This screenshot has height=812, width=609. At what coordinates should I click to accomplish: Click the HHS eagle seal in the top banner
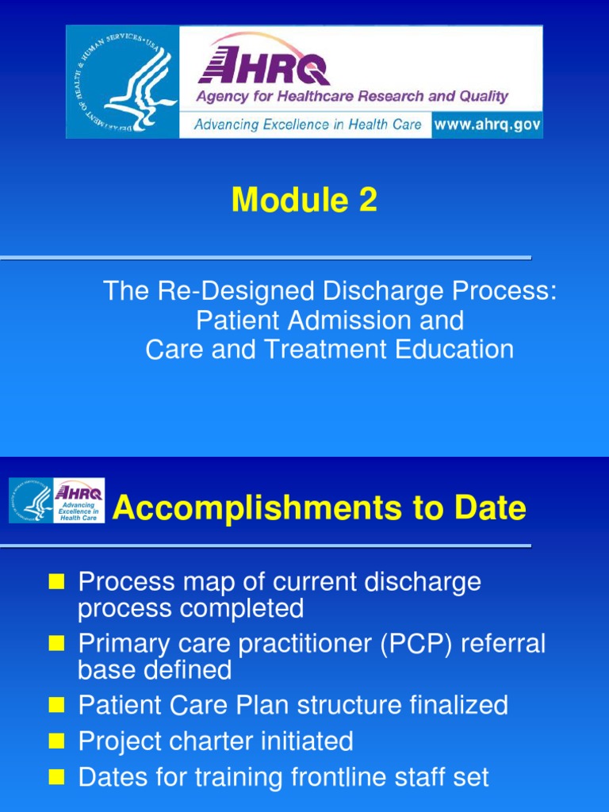(x=122, y=82)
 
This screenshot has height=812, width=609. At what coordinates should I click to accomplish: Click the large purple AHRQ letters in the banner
(x=264, y=64)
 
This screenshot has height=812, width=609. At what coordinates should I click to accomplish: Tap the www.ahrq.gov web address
(x=487, y=125)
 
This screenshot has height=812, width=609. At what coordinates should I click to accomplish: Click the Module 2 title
(x=304, y=201)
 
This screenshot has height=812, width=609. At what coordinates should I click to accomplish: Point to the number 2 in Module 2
(x=366, y=201)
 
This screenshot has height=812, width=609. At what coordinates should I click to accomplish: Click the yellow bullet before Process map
(x=56, y=583)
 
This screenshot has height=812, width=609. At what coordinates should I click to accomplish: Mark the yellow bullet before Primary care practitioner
(x=56, y=645)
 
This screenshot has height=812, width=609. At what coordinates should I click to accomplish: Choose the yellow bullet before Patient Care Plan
(x=56, y=706)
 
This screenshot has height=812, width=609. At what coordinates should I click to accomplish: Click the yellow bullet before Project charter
(x=56, y=742)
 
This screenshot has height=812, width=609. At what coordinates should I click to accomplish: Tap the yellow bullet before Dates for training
(x=56, y=779)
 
